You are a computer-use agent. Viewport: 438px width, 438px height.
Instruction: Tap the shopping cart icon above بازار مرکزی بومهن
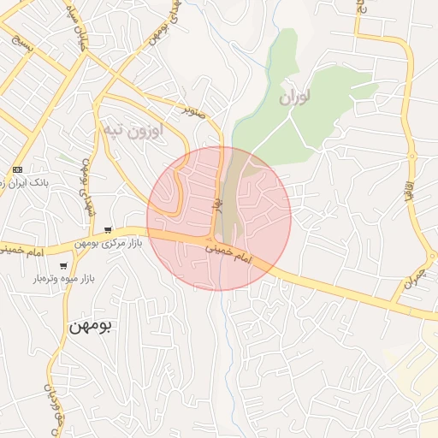[x=108, y=229]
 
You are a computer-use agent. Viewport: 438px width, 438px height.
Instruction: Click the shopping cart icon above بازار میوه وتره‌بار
[x=63, y=266]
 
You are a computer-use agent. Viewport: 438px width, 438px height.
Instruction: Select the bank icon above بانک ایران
[x=17, y=169]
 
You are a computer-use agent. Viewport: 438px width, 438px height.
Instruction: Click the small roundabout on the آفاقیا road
[x=411, y=156]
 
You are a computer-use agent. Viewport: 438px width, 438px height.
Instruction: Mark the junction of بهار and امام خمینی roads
[x=211, y=237]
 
